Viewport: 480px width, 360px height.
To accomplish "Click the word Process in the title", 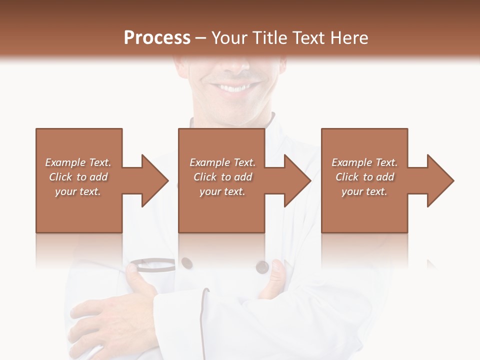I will point(157,38).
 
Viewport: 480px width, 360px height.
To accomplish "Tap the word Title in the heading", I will point(270,38).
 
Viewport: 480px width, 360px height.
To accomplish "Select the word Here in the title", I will point(349,38).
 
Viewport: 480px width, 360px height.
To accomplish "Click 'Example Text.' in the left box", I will point(78,162).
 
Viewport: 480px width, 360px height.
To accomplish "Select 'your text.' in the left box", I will point(78,191).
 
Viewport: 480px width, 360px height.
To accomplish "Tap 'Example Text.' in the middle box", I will point(222,162).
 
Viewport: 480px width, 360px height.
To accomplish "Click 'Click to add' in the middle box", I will point(222,177).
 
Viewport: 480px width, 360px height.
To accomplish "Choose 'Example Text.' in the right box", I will point(364,162).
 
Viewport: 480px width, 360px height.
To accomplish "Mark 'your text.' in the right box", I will point(364,191).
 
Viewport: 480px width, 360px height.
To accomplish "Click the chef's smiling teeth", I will point(233,88).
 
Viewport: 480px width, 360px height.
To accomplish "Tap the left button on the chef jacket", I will point(186,262).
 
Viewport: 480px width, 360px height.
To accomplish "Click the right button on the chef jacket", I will point(261,267).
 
